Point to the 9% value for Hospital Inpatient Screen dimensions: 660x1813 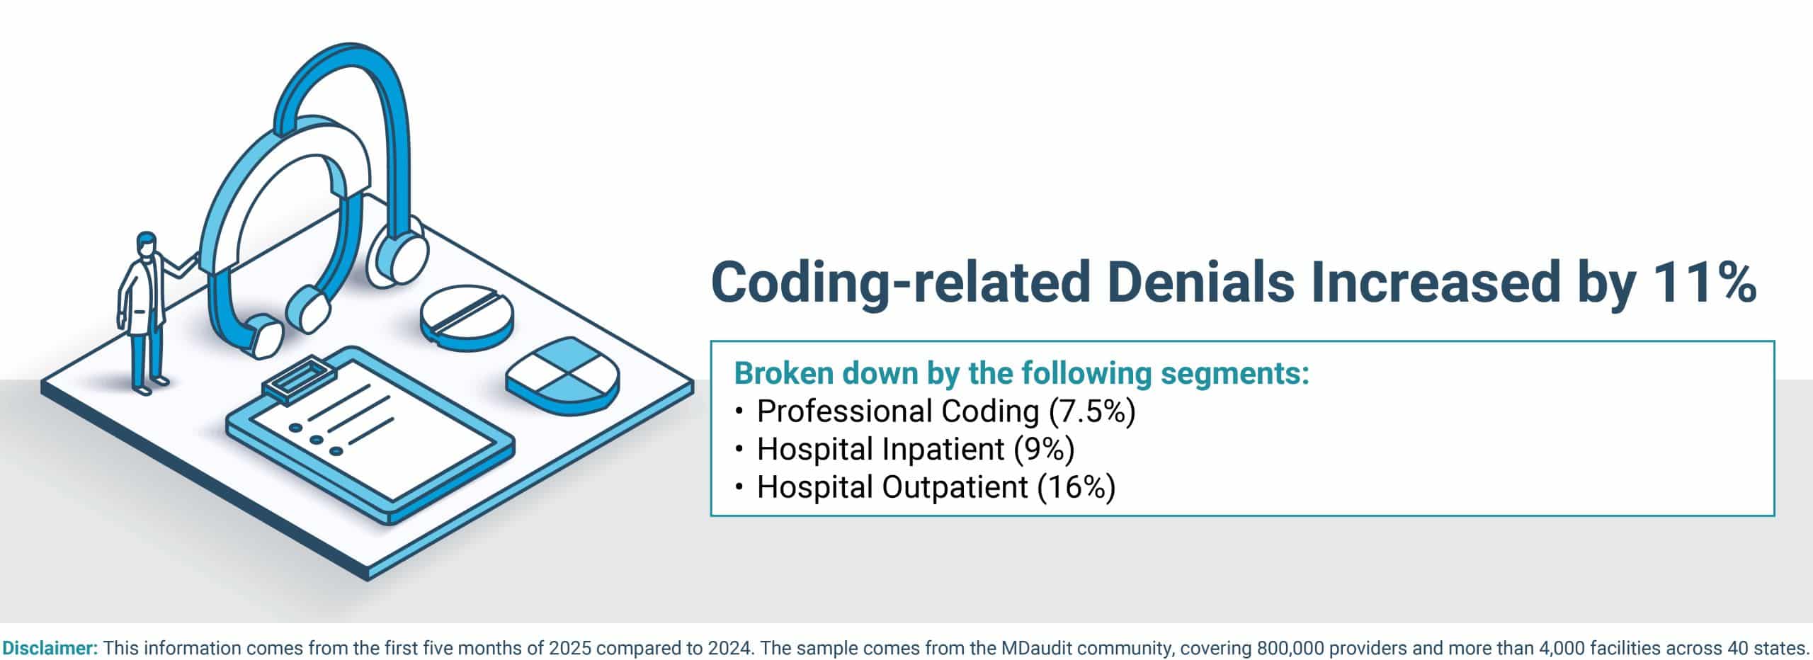tap(1045, 449)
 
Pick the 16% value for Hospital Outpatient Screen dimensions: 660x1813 tap(1076, 487)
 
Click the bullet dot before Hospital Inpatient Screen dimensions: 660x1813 tap(740, 449)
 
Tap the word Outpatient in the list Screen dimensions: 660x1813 tap(955, 487)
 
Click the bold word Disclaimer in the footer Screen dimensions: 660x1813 tap(50, 648)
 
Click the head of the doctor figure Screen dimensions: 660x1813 tap(145, 244)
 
